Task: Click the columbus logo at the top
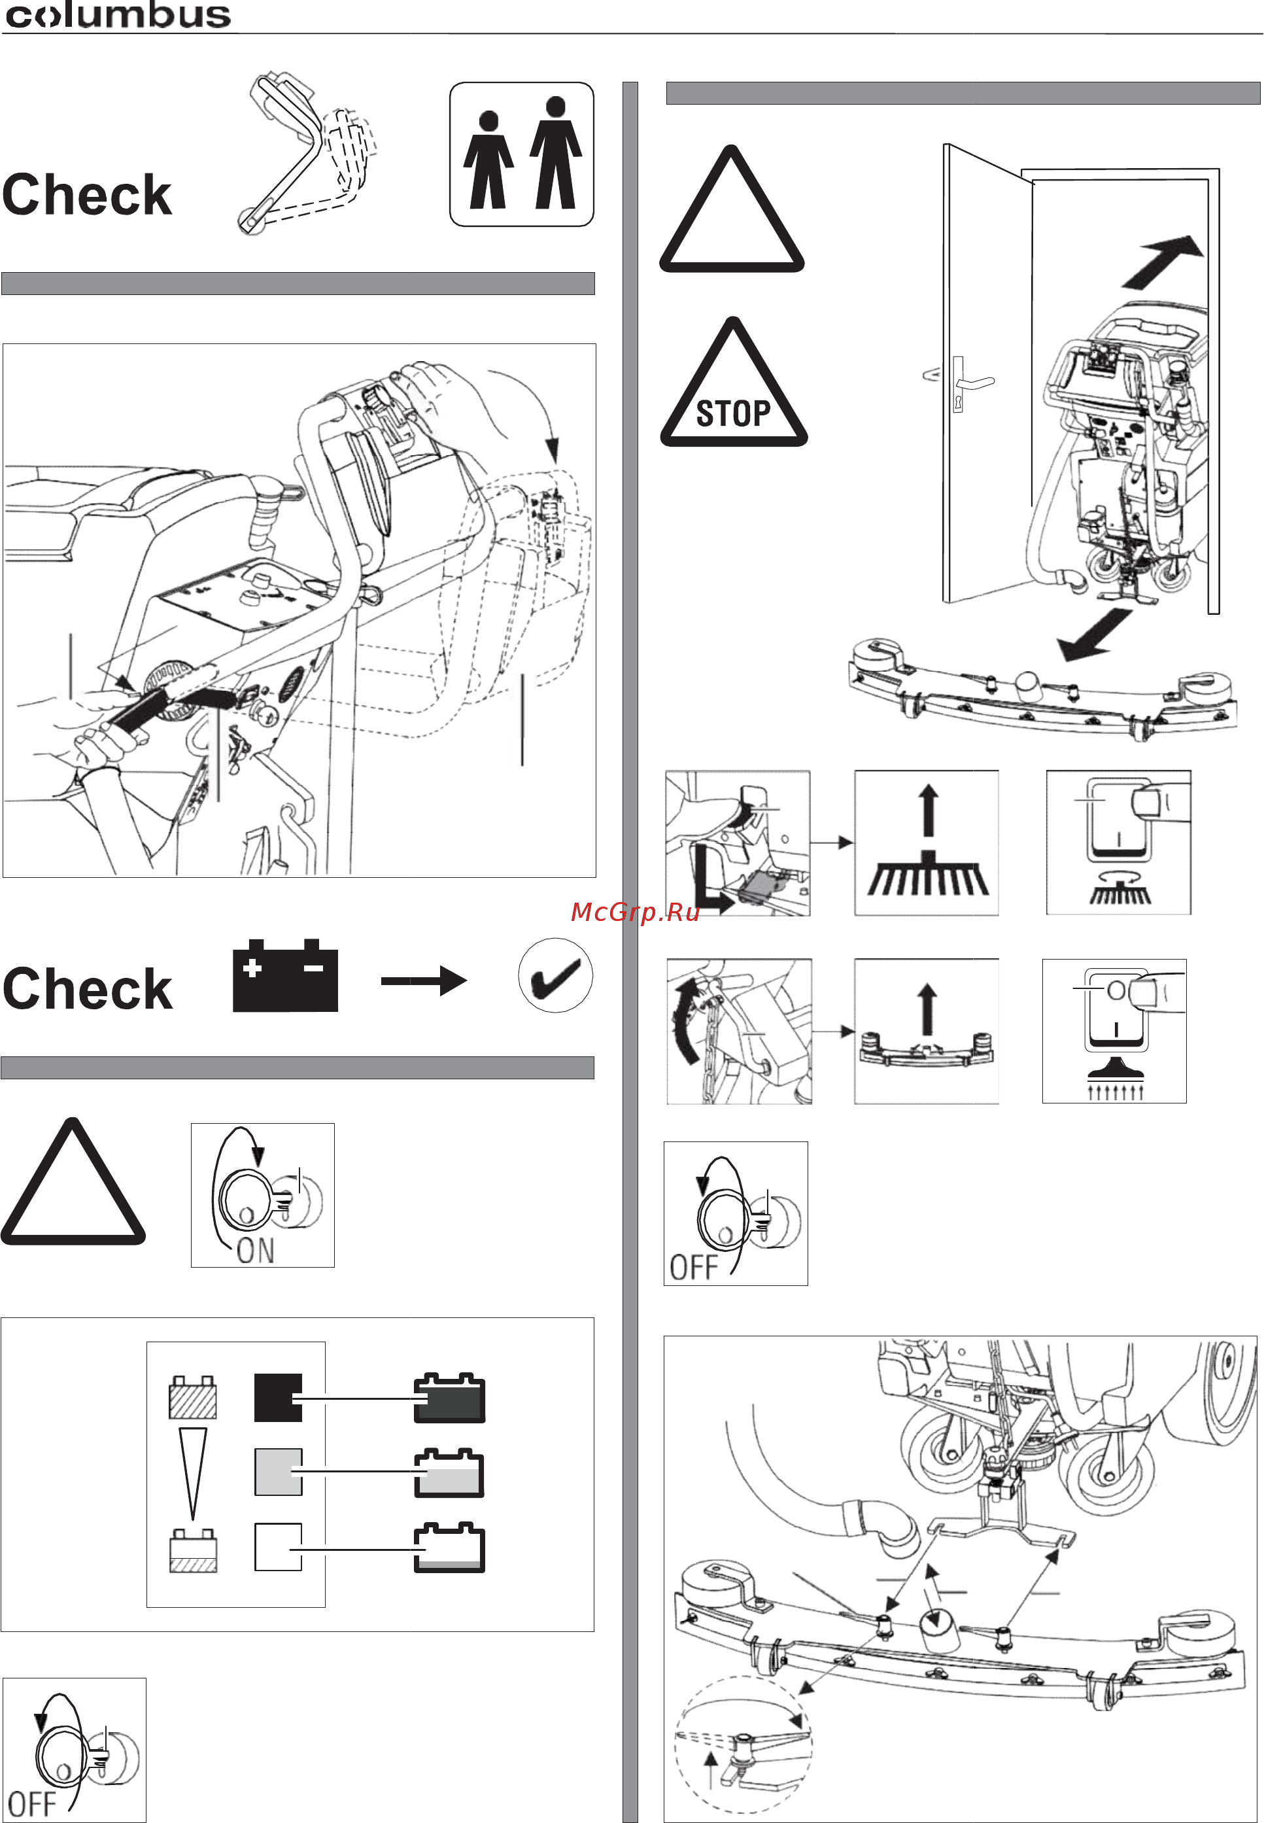[117, 16]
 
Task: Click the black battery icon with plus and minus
[285, 976]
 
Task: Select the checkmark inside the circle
[555, 976]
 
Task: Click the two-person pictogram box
[521, 154]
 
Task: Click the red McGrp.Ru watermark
[635, 912]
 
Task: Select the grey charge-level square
[277, 1472]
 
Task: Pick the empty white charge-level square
[277, 1546]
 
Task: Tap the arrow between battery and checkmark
[424, 981]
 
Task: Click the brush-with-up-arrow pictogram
[927, 843]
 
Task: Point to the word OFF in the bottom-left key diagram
[31, 1803]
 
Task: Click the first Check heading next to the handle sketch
[87, 195]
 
